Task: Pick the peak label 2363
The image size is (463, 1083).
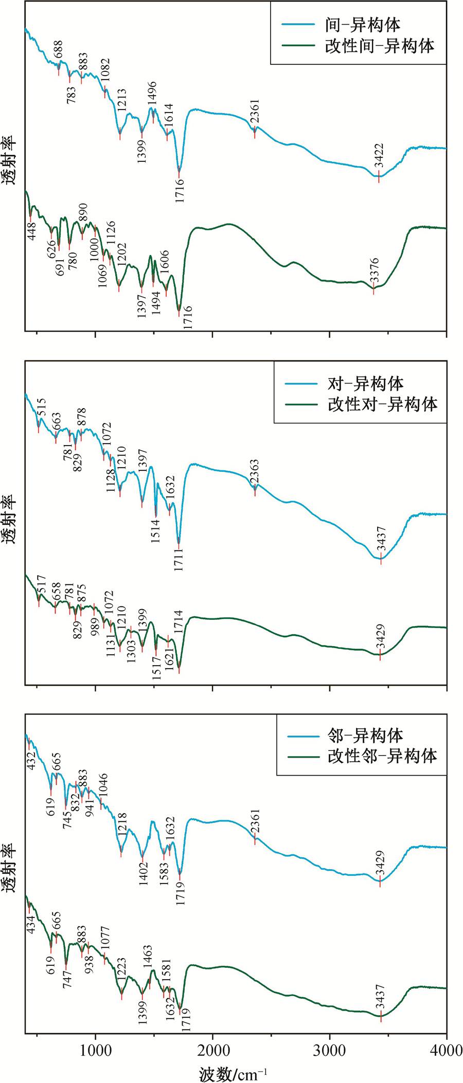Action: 254,472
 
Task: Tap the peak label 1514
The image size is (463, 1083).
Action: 155,531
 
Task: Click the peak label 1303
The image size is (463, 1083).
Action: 131,650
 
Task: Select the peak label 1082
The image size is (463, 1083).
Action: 105,71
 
